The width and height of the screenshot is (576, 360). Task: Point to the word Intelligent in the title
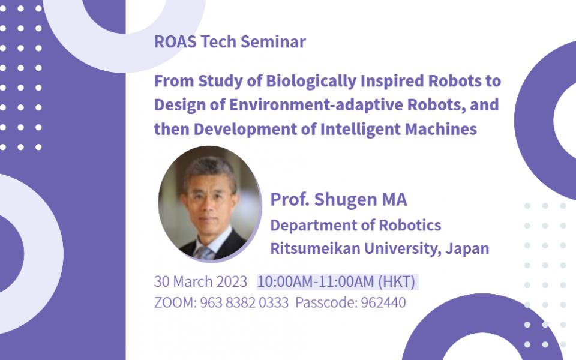pos(361,129)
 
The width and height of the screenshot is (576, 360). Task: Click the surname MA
pos(394,200)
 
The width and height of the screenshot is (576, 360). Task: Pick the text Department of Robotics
pos(355,226)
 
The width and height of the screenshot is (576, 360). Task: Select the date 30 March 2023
pos(200,281)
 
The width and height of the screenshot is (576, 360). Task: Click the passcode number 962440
pos(383,302)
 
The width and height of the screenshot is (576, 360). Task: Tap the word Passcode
pos(325,302)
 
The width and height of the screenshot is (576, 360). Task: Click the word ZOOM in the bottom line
pos(171,302)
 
